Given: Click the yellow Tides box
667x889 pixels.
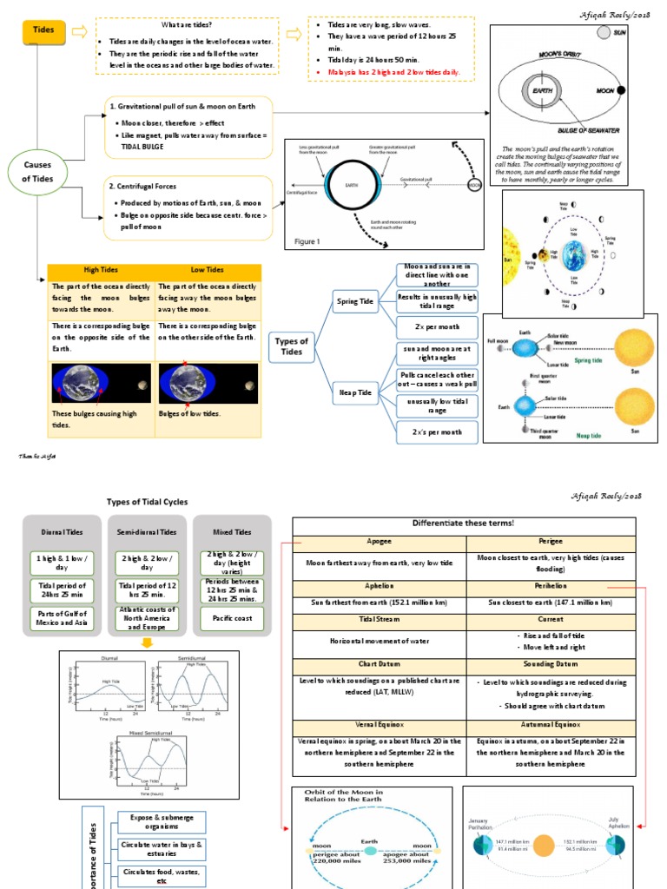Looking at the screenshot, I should click(43, 30).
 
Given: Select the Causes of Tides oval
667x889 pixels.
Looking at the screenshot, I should click(37, 170).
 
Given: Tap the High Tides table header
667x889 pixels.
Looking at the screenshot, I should click(101, 271).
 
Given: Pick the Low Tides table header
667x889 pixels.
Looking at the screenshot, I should click(208, 271).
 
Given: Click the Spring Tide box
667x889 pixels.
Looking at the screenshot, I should click(354, 302).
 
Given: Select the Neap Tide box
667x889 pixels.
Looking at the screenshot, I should click(354, 393).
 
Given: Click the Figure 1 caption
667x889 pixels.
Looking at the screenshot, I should click(307, 241).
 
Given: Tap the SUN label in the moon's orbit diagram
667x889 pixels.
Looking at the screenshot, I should click(619, 32).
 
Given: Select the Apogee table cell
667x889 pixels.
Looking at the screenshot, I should click(380, 540).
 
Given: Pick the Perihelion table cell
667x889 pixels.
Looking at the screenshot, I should click(551, 586).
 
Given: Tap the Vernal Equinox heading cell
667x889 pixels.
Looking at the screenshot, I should click(380, 723).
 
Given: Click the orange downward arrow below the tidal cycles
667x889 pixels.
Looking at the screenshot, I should click(147, 643).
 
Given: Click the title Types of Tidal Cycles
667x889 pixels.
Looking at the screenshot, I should click(147, 502).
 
